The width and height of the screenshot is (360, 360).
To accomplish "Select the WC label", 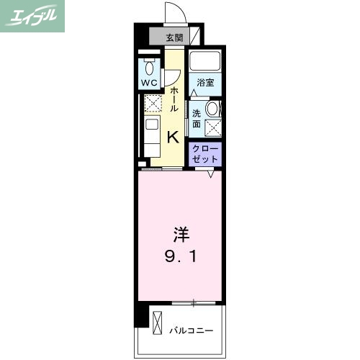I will click(x=149, y=84).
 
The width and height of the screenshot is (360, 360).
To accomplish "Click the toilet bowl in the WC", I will click(x=150, y=69).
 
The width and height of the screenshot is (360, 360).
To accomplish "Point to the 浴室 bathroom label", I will click(x=205, y=83).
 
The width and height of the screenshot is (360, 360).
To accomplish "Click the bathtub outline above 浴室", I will click(x=205, y=62).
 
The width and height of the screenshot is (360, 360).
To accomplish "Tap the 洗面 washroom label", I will click(x=197, y=118).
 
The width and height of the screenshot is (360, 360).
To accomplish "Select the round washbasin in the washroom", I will click(x=212, y=109).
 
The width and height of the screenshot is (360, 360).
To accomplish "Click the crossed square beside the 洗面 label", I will click(x=213, y=128).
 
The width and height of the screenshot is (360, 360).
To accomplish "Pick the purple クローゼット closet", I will click(x=206, y=152).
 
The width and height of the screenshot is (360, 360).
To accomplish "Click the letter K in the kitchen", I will click(x=174, y=136).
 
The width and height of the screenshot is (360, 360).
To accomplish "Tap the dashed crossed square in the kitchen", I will click(x=152, y=105).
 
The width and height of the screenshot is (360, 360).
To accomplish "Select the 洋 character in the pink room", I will click(x=179, y=234).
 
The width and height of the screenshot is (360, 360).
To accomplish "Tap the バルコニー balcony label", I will click(x=192, y=330).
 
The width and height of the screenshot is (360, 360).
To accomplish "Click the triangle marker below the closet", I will click(x=211, y=174).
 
